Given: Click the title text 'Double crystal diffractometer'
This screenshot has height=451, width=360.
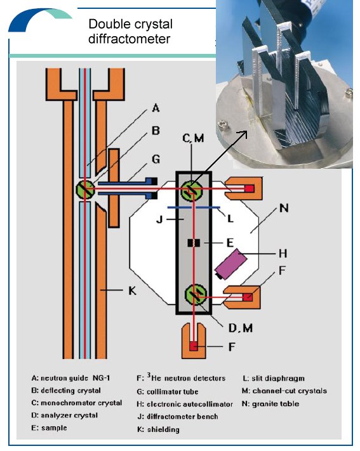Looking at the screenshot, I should click(x=130, y=32).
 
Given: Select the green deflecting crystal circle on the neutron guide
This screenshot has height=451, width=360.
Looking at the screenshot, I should click(x=85, y=189).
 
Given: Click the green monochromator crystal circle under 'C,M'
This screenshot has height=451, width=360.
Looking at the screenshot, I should click(x=194, y=189).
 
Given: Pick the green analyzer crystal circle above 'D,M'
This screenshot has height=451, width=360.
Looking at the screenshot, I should click(x=194, y=296).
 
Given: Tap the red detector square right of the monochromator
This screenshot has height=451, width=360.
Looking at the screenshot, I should click(x=250, y=188).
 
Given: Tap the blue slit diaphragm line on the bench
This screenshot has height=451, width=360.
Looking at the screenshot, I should click(x=194, y=207).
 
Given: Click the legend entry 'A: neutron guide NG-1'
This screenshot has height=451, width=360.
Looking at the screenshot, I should click(x=76, y=378).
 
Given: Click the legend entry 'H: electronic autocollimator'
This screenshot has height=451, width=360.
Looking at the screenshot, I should click(x=177, y=403).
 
